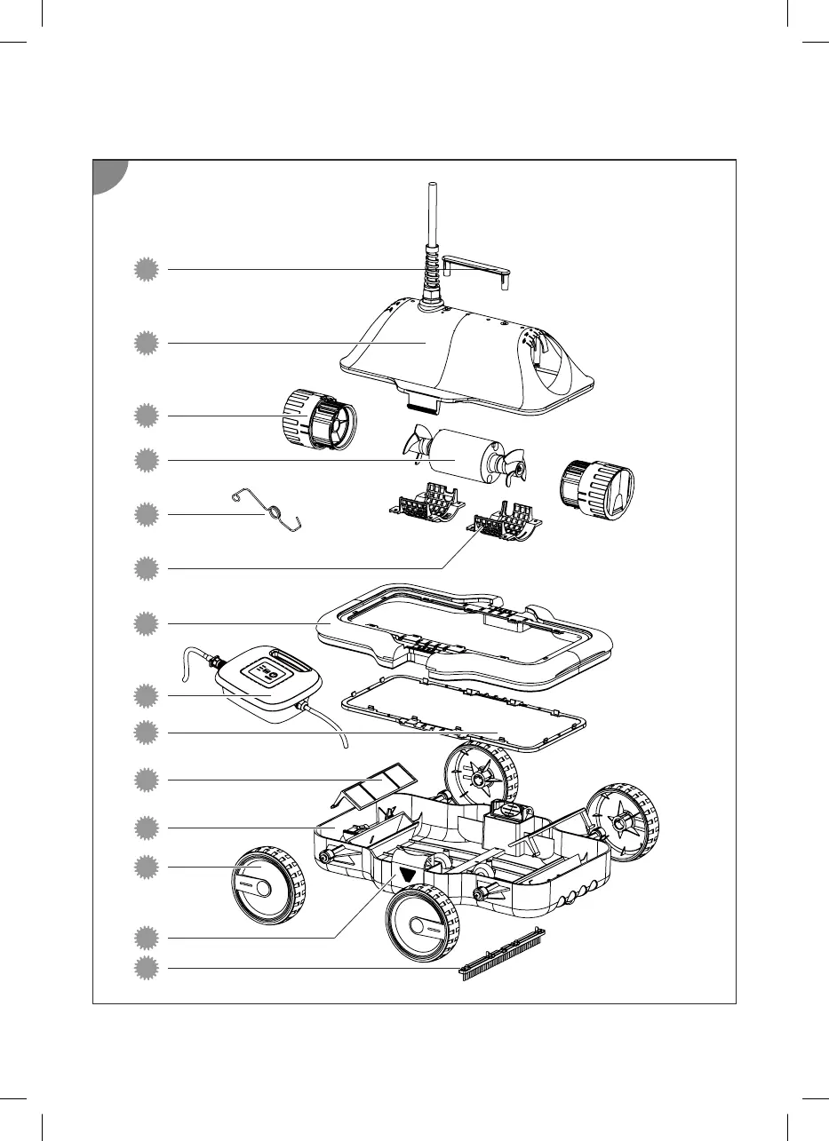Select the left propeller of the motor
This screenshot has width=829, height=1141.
416,442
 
